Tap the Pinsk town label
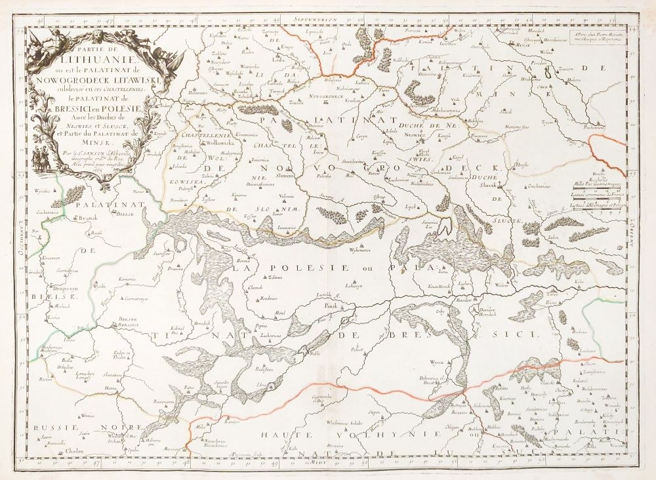[x=334, y=306]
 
